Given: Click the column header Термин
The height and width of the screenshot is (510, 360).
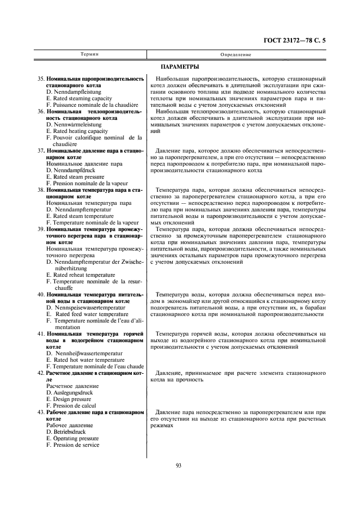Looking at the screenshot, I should click(x=89, y=54).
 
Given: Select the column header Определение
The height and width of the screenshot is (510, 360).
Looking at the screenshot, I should click(x=236, y=54).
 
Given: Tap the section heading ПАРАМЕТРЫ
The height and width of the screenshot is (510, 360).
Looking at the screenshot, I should click(x=180, y=66).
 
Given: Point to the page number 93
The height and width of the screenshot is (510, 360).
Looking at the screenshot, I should click(x=178, y=465).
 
